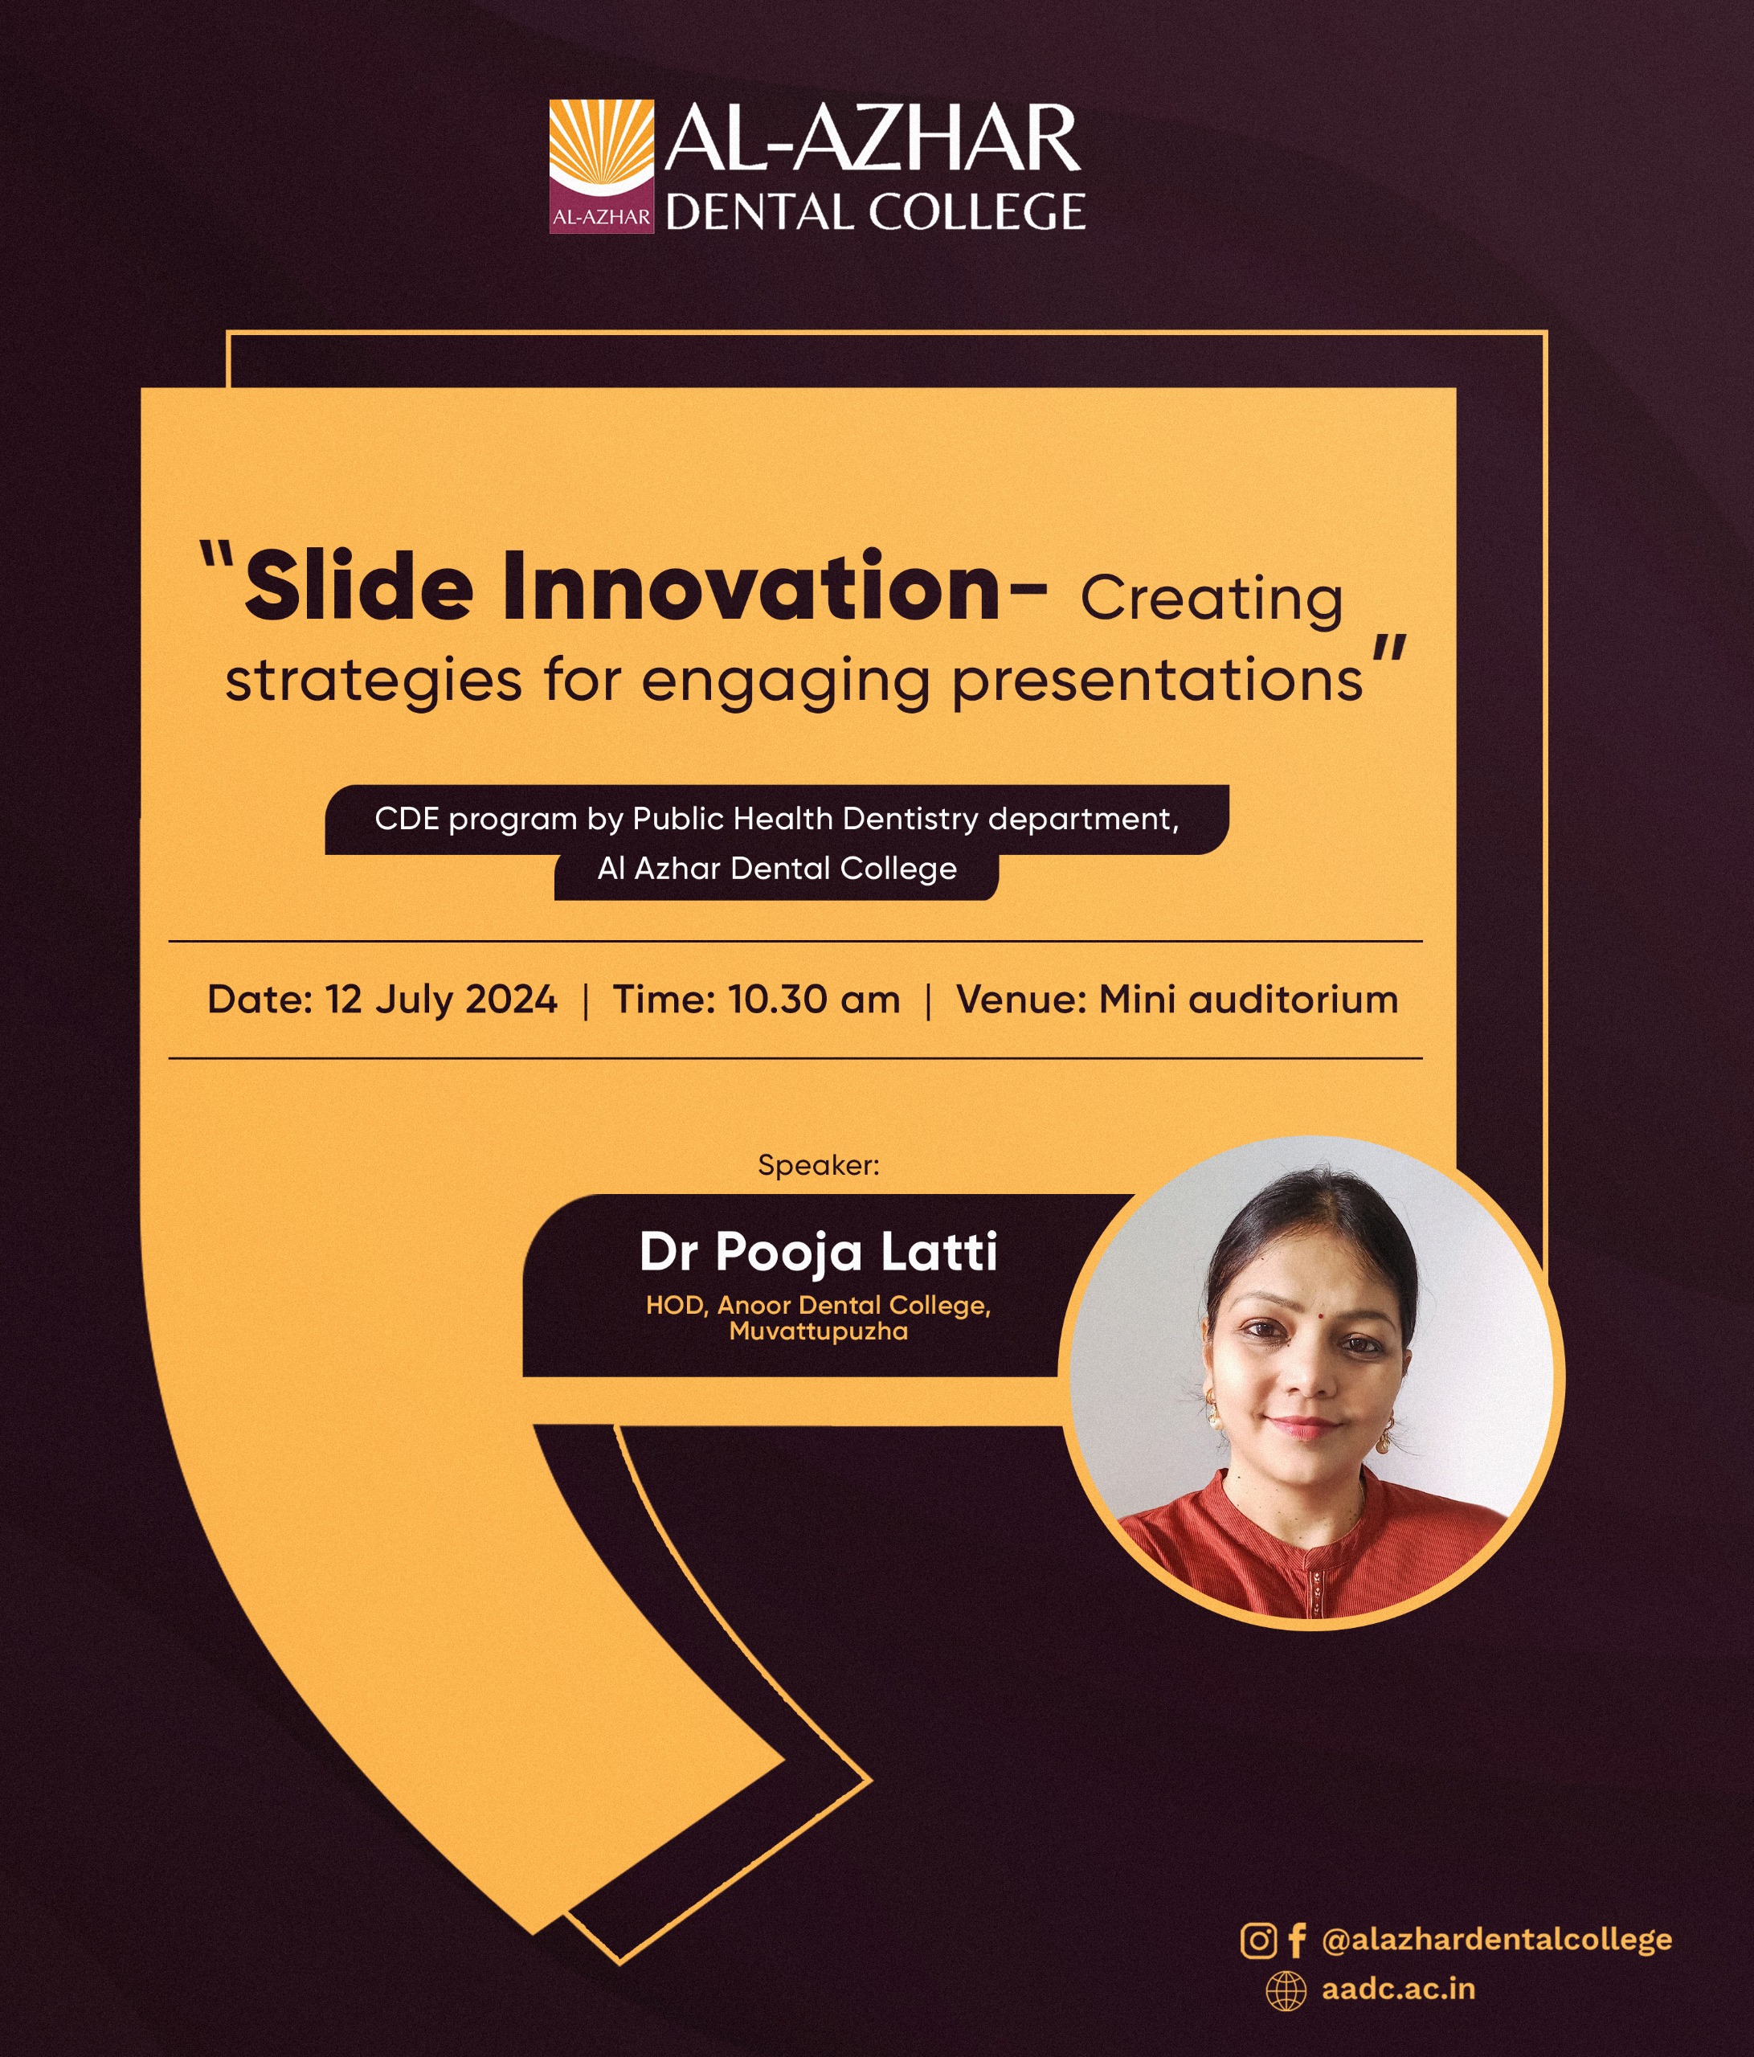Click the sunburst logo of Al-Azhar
click(602, 166)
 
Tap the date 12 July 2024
click(441, 1000)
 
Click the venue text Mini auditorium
click(1248, 1000)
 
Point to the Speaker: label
click(818, 1166)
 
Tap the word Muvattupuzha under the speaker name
click(818, 1331)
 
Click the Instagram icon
click(1259, 1940)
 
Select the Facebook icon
click(1296, 1940)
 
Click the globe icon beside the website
click(1286, 1990)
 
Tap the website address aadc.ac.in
click(1397, 1990)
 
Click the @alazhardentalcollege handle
click(1497, 1940)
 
